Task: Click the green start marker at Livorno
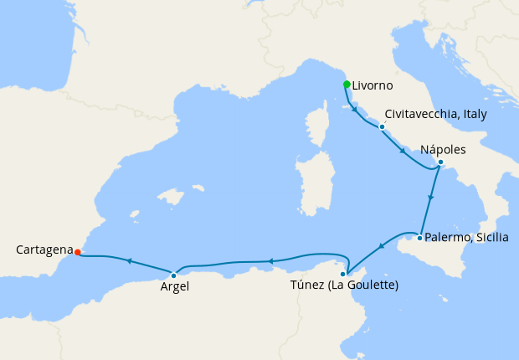[347, 84]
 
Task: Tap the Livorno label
[373, 85]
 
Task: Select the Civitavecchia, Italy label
[434, 113]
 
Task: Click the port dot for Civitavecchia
[382, 127]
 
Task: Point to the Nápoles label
[443, 148]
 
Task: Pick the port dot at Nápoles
[440, 162]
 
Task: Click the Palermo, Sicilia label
[466, 237]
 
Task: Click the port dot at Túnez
[343, 274]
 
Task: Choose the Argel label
[174, 286]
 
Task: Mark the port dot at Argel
[173, 275]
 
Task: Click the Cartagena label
[43, 249]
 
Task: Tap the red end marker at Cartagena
[77, 251]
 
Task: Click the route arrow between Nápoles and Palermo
[430, 199]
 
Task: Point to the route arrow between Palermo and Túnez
[380, 246]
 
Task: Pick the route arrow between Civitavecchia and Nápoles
[403, 152]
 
